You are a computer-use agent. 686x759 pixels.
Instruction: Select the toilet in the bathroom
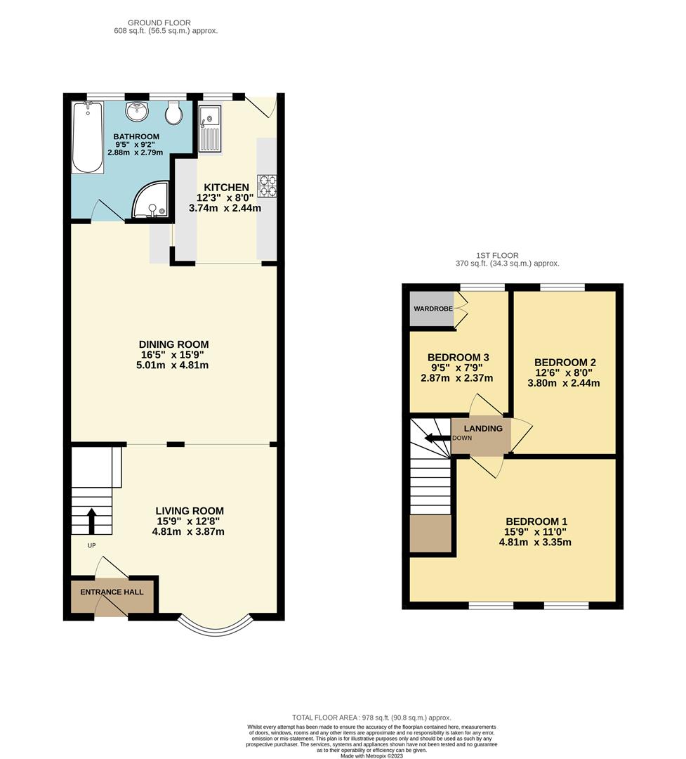click(173, 113)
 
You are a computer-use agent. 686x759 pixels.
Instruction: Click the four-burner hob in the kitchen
click(267, 185)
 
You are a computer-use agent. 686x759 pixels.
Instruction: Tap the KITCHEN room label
click(226, 187)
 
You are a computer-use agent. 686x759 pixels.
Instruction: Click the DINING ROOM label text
click(173, 344)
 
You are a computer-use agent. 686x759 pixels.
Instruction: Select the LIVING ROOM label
click(191, 511)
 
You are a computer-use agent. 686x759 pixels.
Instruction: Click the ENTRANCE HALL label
click(112, 592)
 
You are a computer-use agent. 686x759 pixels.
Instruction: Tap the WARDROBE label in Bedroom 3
click(432, 309)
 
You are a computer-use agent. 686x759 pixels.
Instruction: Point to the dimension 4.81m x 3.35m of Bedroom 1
click(535, 542)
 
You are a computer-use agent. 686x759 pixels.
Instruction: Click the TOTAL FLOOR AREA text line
click(372, 717)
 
